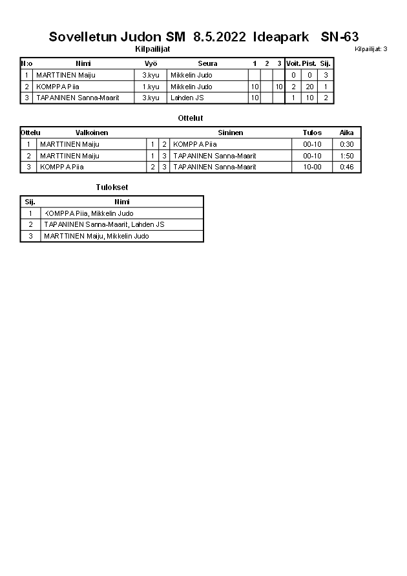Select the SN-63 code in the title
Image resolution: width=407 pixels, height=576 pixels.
340,37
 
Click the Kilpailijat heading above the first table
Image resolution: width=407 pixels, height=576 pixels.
152,49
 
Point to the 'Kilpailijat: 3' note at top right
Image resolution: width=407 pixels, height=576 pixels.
371,49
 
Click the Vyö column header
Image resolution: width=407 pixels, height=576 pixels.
151,63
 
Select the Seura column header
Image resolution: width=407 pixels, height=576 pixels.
207,63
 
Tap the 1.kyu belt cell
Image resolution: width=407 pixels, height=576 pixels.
151,87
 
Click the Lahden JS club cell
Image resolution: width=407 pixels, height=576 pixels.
187,98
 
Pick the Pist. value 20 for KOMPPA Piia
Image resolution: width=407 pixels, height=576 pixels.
309,87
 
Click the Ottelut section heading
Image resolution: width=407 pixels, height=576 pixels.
190,118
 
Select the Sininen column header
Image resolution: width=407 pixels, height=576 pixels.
231,133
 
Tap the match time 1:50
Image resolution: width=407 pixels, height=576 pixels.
347,156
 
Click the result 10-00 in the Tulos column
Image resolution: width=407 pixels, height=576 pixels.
312,167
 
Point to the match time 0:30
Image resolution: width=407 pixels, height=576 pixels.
347,144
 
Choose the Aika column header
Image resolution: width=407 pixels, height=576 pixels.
347,133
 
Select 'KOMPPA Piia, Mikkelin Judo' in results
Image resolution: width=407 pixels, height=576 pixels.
89,213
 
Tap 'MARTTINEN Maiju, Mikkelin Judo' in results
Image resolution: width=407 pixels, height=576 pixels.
96,237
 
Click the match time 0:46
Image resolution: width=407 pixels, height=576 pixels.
347,167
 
